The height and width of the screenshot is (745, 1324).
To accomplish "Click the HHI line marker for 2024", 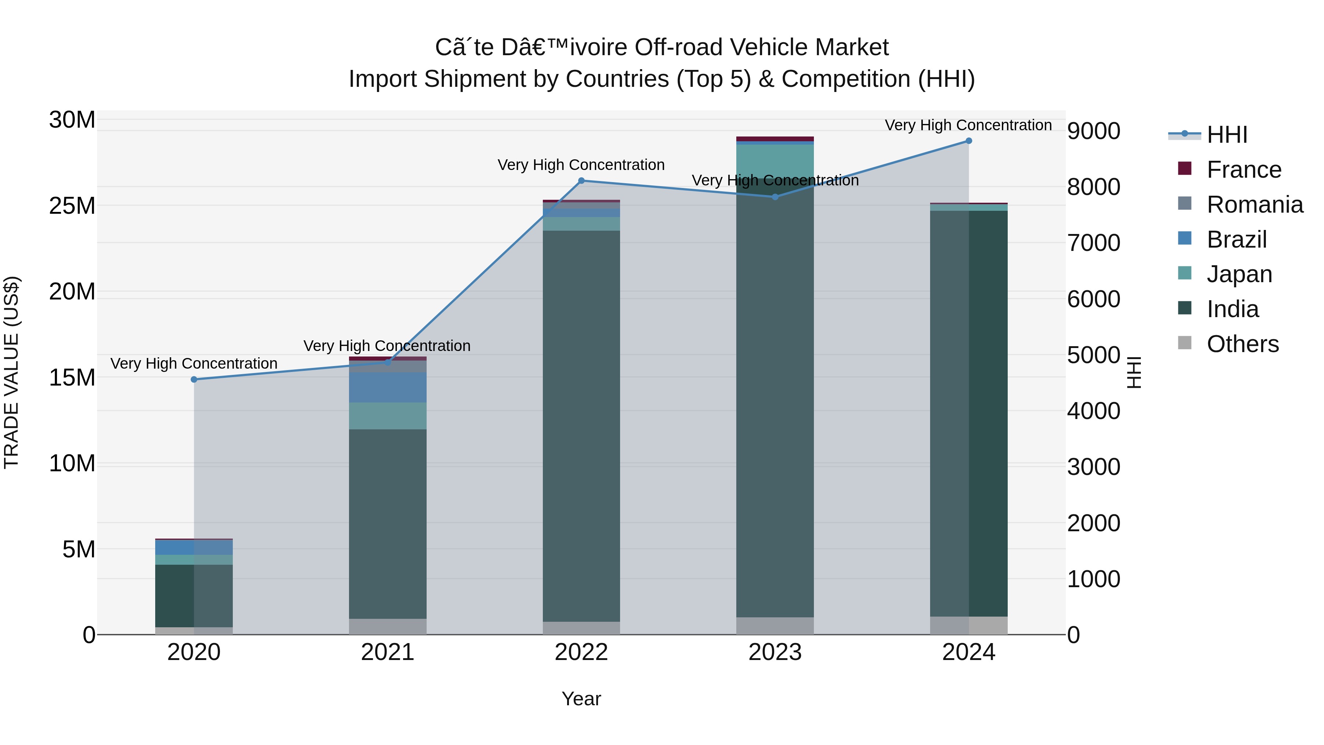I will pyautogui.click(x=968, y=141).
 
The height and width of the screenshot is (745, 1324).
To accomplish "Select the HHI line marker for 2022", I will pyautogui.click(x=581, y=181).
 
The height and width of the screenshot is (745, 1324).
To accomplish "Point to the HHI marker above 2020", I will pyautogui.click(x=194, y=379).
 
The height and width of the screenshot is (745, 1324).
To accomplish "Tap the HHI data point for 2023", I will pyautogui.click(x=775, y=197).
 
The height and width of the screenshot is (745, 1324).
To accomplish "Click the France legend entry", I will pyautogui.click(x=1243, y=170).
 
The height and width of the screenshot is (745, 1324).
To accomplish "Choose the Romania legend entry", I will pyautogui.click(x=1254, y=205).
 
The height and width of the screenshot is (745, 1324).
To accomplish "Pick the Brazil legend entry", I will pyautogui.click(x=1236, y=240).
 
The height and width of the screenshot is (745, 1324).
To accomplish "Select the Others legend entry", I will pyautogui.click(x=1242, y=344).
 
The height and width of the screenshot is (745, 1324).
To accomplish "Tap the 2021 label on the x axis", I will pyautogui.click(x=388, y=652).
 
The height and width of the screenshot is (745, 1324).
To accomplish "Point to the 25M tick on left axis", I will pyautogui.click(x=72, y=206).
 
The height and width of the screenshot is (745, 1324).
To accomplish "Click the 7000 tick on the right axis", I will pyautogui.click(x=1093, y=243).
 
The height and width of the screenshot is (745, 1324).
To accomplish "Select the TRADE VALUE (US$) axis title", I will pyautogui.click(x=11, y=372).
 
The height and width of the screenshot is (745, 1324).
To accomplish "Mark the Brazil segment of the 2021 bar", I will pyautogui.click(x=388, y=387).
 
